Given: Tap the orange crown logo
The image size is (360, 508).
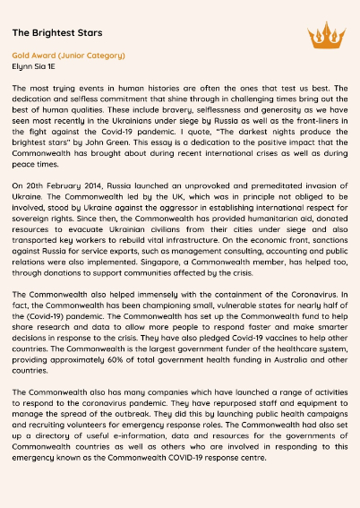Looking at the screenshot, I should (326, 36).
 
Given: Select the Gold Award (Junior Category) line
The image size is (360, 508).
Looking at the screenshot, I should (68, 56).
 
